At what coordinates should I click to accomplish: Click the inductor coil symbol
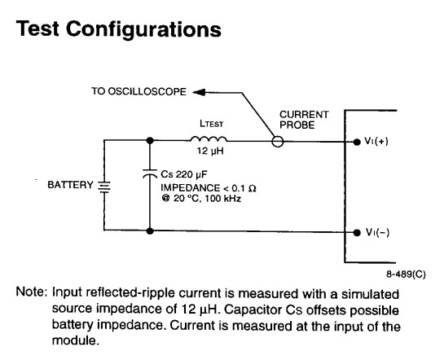tap(209, 138)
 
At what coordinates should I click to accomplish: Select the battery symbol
tap(104, 187)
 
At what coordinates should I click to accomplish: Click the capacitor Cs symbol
tap(150, 173)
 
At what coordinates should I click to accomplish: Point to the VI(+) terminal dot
tap(357, 142)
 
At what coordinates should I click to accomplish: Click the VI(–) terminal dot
tap(357, 232)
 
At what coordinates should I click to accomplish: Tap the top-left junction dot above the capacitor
tap(150, 140)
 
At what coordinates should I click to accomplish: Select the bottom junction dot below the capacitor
tap(150, 231)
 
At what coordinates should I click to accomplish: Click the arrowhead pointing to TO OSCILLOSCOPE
tap(199, 92)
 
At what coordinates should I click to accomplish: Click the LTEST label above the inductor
tap(211, 124)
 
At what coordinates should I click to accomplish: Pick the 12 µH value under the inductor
tap(210, 151)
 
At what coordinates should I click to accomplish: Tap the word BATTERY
tap(70, 185)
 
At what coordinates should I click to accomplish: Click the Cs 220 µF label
tap(184, 174)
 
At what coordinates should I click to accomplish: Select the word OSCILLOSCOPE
tap(147, 91)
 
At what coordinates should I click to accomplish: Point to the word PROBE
tap(297, 125)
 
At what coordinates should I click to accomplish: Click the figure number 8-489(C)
tap(406, 274)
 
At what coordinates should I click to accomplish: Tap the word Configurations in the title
tap(143, 29)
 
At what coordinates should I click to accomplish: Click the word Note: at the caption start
tap(31, 292)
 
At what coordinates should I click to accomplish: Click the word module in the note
tap(76, 340)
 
